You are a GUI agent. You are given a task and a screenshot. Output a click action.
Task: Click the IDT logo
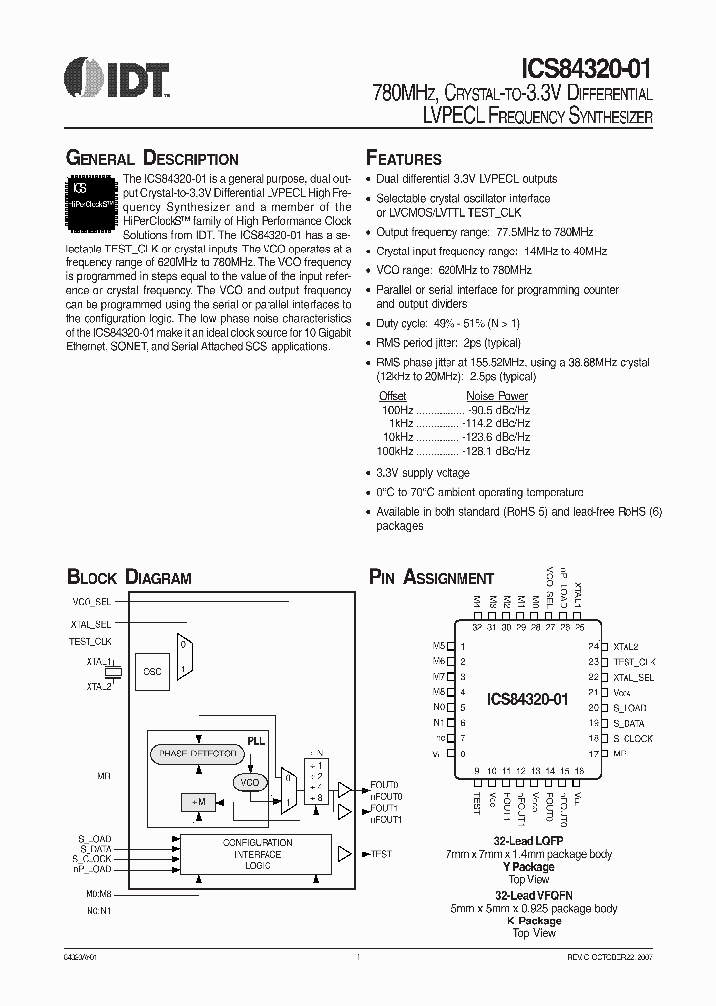tap(115, 77)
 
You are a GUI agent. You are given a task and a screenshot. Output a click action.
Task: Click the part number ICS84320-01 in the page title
tap(586, 69)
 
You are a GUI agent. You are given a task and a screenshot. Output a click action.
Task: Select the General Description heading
tap(151, 159)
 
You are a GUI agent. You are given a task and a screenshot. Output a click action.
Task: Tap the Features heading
tap(404, 159)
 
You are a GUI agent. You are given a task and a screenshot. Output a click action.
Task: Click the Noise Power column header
tap(497, 396)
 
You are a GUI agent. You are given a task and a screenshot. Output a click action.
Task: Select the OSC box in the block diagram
tap(152, 671)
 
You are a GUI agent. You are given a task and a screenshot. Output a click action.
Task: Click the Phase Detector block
tap(198, 754)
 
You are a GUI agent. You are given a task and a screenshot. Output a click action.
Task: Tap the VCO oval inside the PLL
tap(249, 782)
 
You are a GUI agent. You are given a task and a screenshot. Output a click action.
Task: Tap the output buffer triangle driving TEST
tap(345, 853)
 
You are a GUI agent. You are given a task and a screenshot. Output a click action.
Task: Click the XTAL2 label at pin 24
tap(626, 646)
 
